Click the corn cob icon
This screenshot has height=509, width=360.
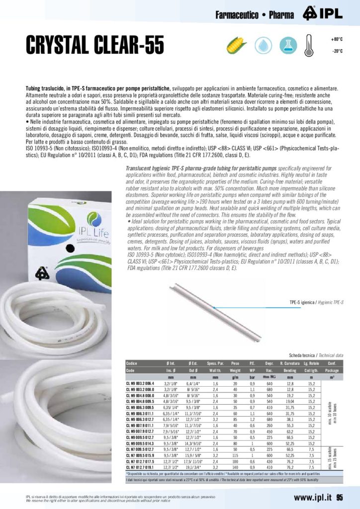237,46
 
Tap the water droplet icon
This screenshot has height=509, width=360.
263,46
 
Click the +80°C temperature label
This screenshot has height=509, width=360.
337,39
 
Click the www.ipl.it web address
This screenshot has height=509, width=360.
313,498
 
